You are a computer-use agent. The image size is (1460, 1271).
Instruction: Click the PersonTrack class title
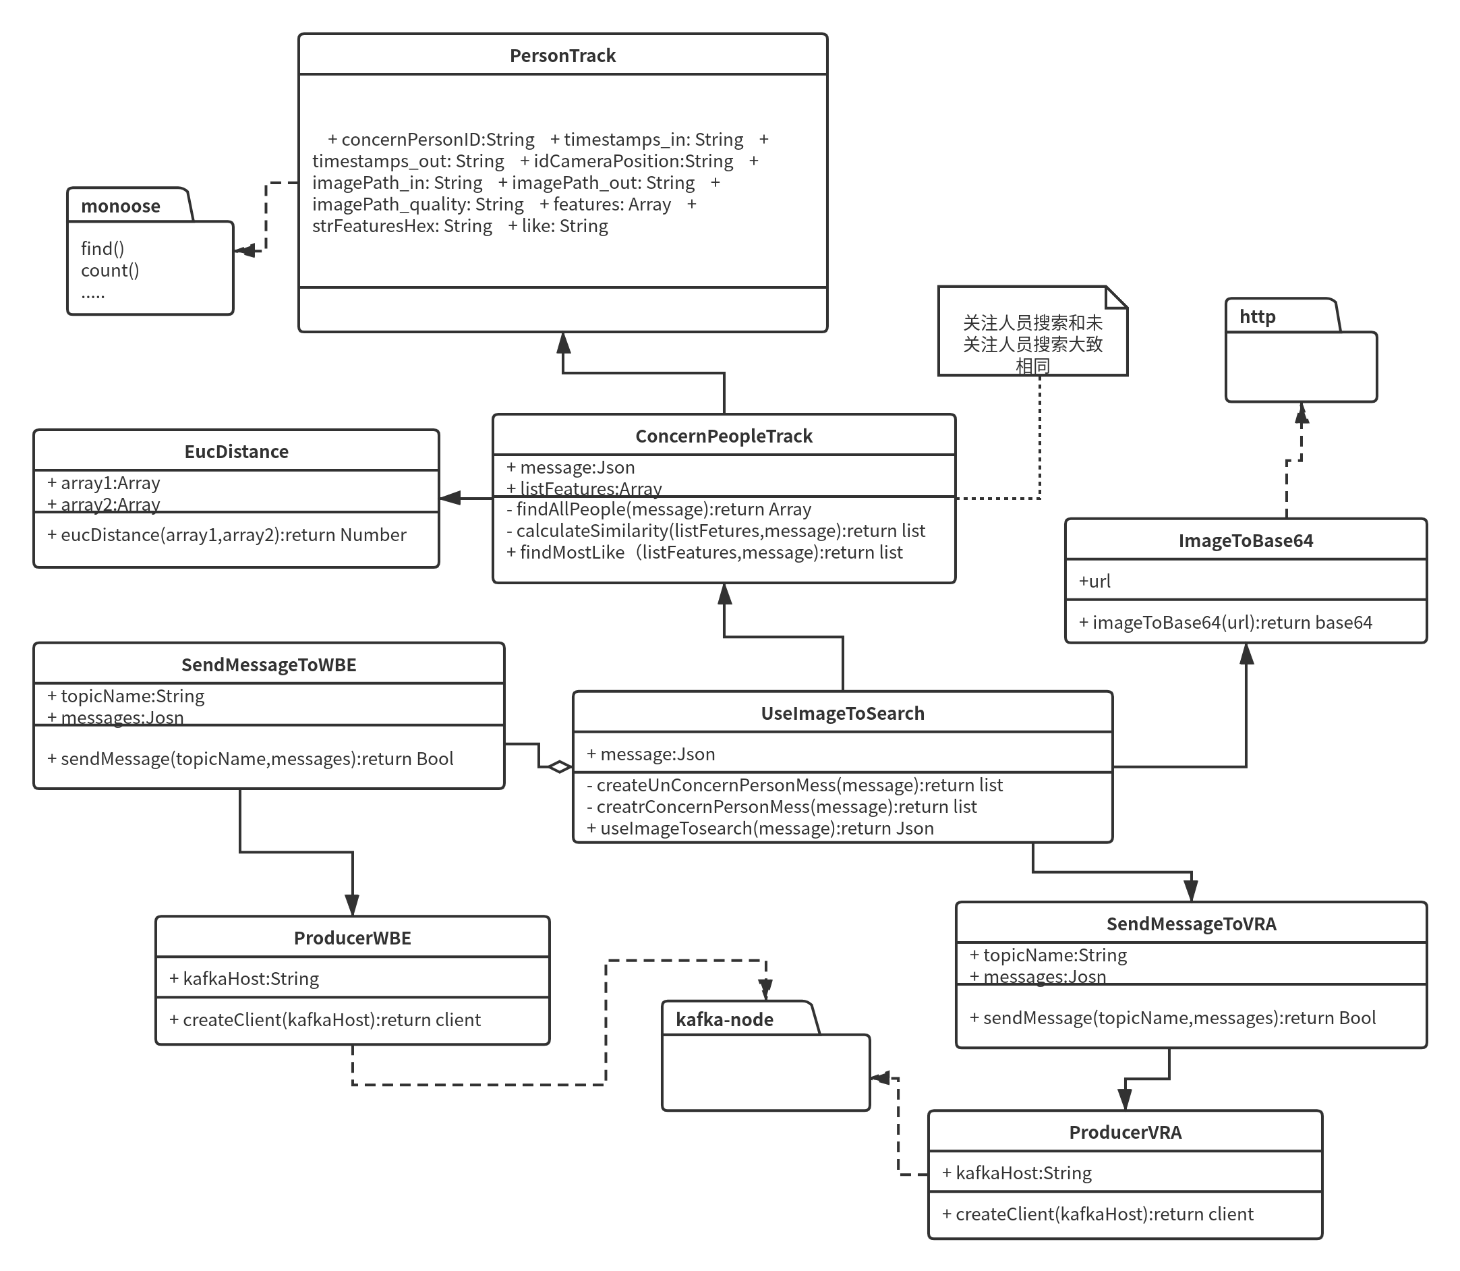[562, 56]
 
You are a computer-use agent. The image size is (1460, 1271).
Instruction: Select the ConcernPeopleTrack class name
[724, 436]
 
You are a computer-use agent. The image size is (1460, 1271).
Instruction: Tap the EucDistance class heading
[236, 452]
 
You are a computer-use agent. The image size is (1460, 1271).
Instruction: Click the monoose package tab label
[121, 206]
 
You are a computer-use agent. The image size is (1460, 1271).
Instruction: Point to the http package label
[1256, 317]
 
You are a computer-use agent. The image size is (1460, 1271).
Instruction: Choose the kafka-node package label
[724, 1020]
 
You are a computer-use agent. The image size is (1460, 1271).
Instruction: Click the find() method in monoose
[103, 249]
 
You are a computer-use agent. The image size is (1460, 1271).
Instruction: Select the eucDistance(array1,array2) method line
[227, 535]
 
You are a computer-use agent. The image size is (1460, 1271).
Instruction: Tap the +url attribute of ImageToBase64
[1094, 582]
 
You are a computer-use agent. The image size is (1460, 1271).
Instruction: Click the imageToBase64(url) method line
[1225, 623]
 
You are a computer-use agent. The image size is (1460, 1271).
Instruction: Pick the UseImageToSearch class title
[842, 714]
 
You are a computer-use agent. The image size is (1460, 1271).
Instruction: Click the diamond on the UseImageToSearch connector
[560, 766]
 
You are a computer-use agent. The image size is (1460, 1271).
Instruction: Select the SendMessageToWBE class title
[269, 665]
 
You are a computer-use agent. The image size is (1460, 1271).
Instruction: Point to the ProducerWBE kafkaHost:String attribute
[245, 979]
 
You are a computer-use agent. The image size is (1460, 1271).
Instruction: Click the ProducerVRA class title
[1126, 1133]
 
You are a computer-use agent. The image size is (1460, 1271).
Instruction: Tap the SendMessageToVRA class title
[1191, 924]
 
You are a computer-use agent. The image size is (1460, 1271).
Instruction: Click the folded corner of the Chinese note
[1116, 298]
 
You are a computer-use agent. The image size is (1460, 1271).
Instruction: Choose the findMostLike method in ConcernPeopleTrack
[705, 553]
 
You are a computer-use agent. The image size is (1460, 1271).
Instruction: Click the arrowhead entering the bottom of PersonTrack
[563, 343]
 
